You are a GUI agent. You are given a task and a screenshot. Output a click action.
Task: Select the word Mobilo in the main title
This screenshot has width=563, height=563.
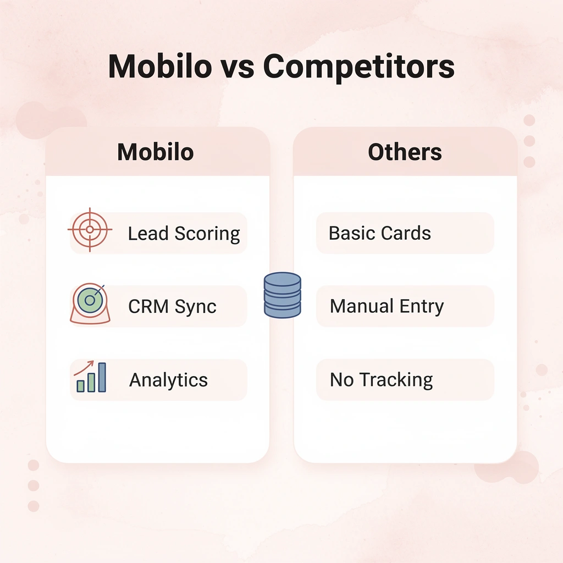[x=159, y=67]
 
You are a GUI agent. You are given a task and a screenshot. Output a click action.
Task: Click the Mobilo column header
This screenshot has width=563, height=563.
[x=156, y=152]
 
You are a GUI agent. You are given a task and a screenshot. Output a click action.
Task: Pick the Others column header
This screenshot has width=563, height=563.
[x=405, y=152]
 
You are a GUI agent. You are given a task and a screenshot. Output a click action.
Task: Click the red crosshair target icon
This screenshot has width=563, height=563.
[x=90, y=230]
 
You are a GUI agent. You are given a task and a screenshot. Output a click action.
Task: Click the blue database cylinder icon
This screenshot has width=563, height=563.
[x=282, y=295]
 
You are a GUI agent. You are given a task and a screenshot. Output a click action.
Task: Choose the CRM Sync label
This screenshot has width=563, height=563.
[x=172, y=307]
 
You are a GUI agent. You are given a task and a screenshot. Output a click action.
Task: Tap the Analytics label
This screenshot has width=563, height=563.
[x=168, y=380]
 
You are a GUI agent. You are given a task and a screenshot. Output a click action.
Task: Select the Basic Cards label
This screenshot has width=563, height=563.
[x=379, y=233]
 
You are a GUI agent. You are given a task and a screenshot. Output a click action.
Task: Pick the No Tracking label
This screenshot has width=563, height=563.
[x=381, y=380]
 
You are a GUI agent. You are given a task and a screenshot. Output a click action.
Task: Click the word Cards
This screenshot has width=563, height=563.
[x=405, y=233]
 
